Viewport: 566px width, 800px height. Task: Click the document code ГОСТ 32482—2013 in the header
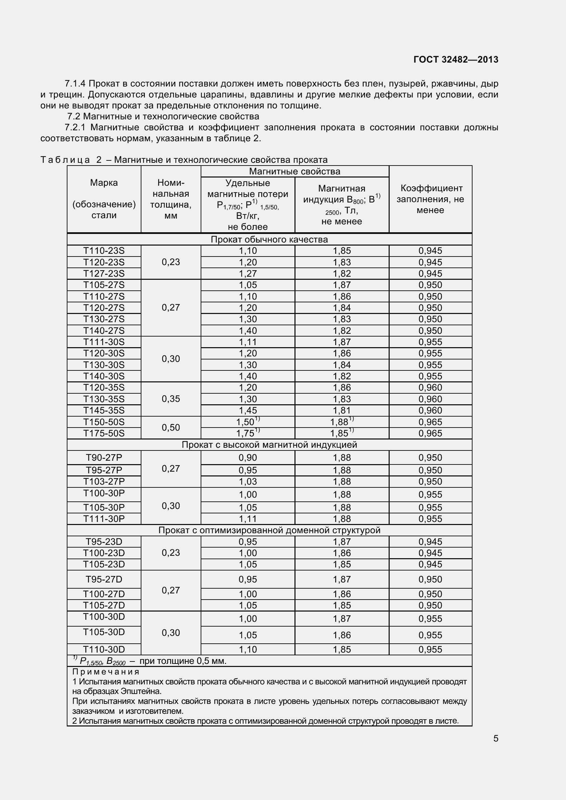(x=455, y=60)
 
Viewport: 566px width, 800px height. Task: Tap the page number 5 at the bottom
(x=495, y=738)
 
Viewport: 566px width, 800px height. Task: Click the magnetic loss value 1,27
(x=248, y=274)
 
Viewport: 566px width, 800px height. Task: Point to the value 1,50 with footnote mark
(x=248, y=422)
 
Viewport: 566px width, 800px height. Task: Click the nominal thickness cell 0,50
(x=171, y=428)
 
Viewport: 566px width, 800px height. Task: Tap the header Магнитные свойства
(x=294, y=171)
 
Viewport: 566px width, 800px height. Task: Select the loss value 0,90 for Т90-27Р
(x=248, y=458)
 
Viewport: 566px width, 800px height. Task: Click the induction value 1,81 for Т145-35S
(x=341, y=410)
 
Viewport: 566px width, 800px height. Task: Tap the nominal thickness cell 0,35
(x=171, y=399)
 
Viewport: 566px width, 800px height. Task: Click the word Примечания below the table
(x=106, y=671)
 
